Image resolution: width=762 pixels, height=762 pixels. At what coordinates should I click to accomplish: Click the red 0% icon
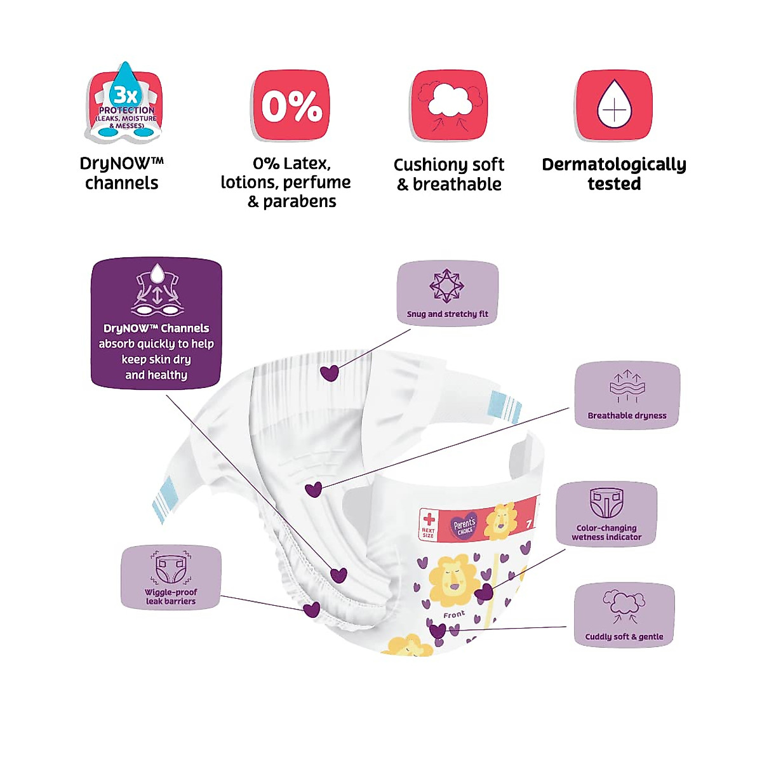pyautogui.click(x=291, y=105)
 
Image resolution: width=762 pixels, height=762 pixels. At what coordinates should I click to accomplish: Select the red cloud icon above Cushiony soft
pyautogui.click(x=449, y=105)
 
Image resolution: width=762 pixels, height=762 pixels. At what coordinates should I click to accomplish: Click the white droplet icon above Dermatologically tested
pyautogui.click(x=613, y=105)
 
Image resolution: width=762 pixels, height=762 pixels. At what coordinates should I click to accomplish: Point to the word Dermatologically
pyautogui.click(x=613, y=164)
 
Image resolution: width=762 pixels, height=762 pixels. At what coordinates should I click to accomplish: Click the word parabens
pyautogui.click(x=299, y=202)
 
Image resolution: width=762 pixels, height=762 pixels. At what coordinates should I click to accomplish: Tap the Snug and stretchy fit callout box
pyautogui.click(x=448, y=294)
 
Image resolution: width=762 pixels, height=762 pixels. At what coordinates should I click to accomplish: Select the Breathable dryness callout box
pyautogui.click(x=627, y=395)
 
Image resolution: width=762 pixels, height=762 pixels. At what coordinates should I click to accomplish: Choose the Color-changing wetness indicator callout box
pyautogui.click(x=606, y=514)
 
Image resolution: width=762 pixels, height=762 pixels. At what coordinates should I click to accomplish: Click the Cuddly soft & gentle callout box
pyautogui.click(x=624, y=615)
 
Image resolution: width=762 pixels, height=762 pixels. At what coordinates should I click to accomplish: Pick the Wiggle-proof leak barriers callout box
pyautogui.click(x=171, y=577)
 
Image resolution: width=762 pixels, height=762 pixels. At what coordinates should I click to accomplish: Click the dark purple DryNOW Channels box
pyautogui.click(x=156, y=323)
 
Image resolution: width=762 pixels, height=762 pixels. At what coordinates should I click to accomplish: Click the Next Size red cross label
pyautogui.click(x=429, y=525)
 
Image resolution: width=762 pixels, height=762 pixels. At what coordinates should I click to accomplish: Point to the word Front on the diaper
pyautogui.click(x=454, y=615)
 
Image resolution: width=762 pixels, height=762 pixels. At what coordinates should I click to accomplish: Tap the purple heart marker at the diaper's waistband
pyautogui.click(x=330, y=373)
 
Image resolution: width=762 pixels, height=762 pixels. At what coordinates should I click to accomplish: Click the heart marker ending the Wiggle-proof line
pyautogui.click(x=311, y=610)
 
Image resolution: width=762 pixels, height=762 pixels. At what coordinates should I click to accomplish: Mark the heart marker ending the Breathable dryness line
pyautogui.click(x=314, y=490)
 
